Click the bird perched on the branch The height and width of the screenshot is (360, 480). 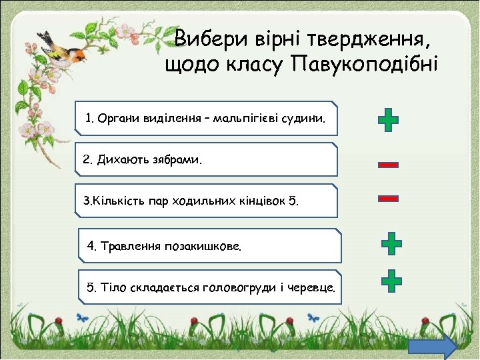64,49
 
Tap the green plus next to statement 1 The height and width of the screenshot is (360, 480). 388,121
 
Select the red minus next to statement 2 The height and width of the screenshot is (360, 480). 388,164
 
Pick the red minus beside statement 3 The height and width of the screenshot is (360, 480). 388,198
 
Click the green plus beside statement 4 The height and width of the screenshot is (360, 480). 391,244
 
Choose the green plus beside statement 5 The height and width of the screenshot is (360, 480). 391,281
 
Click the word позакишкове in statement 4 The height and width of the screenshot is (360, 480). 205,247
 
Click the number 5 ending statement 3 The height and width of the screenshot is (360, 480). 295,201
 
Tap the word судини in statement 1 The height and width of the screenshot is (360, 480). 308,119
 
